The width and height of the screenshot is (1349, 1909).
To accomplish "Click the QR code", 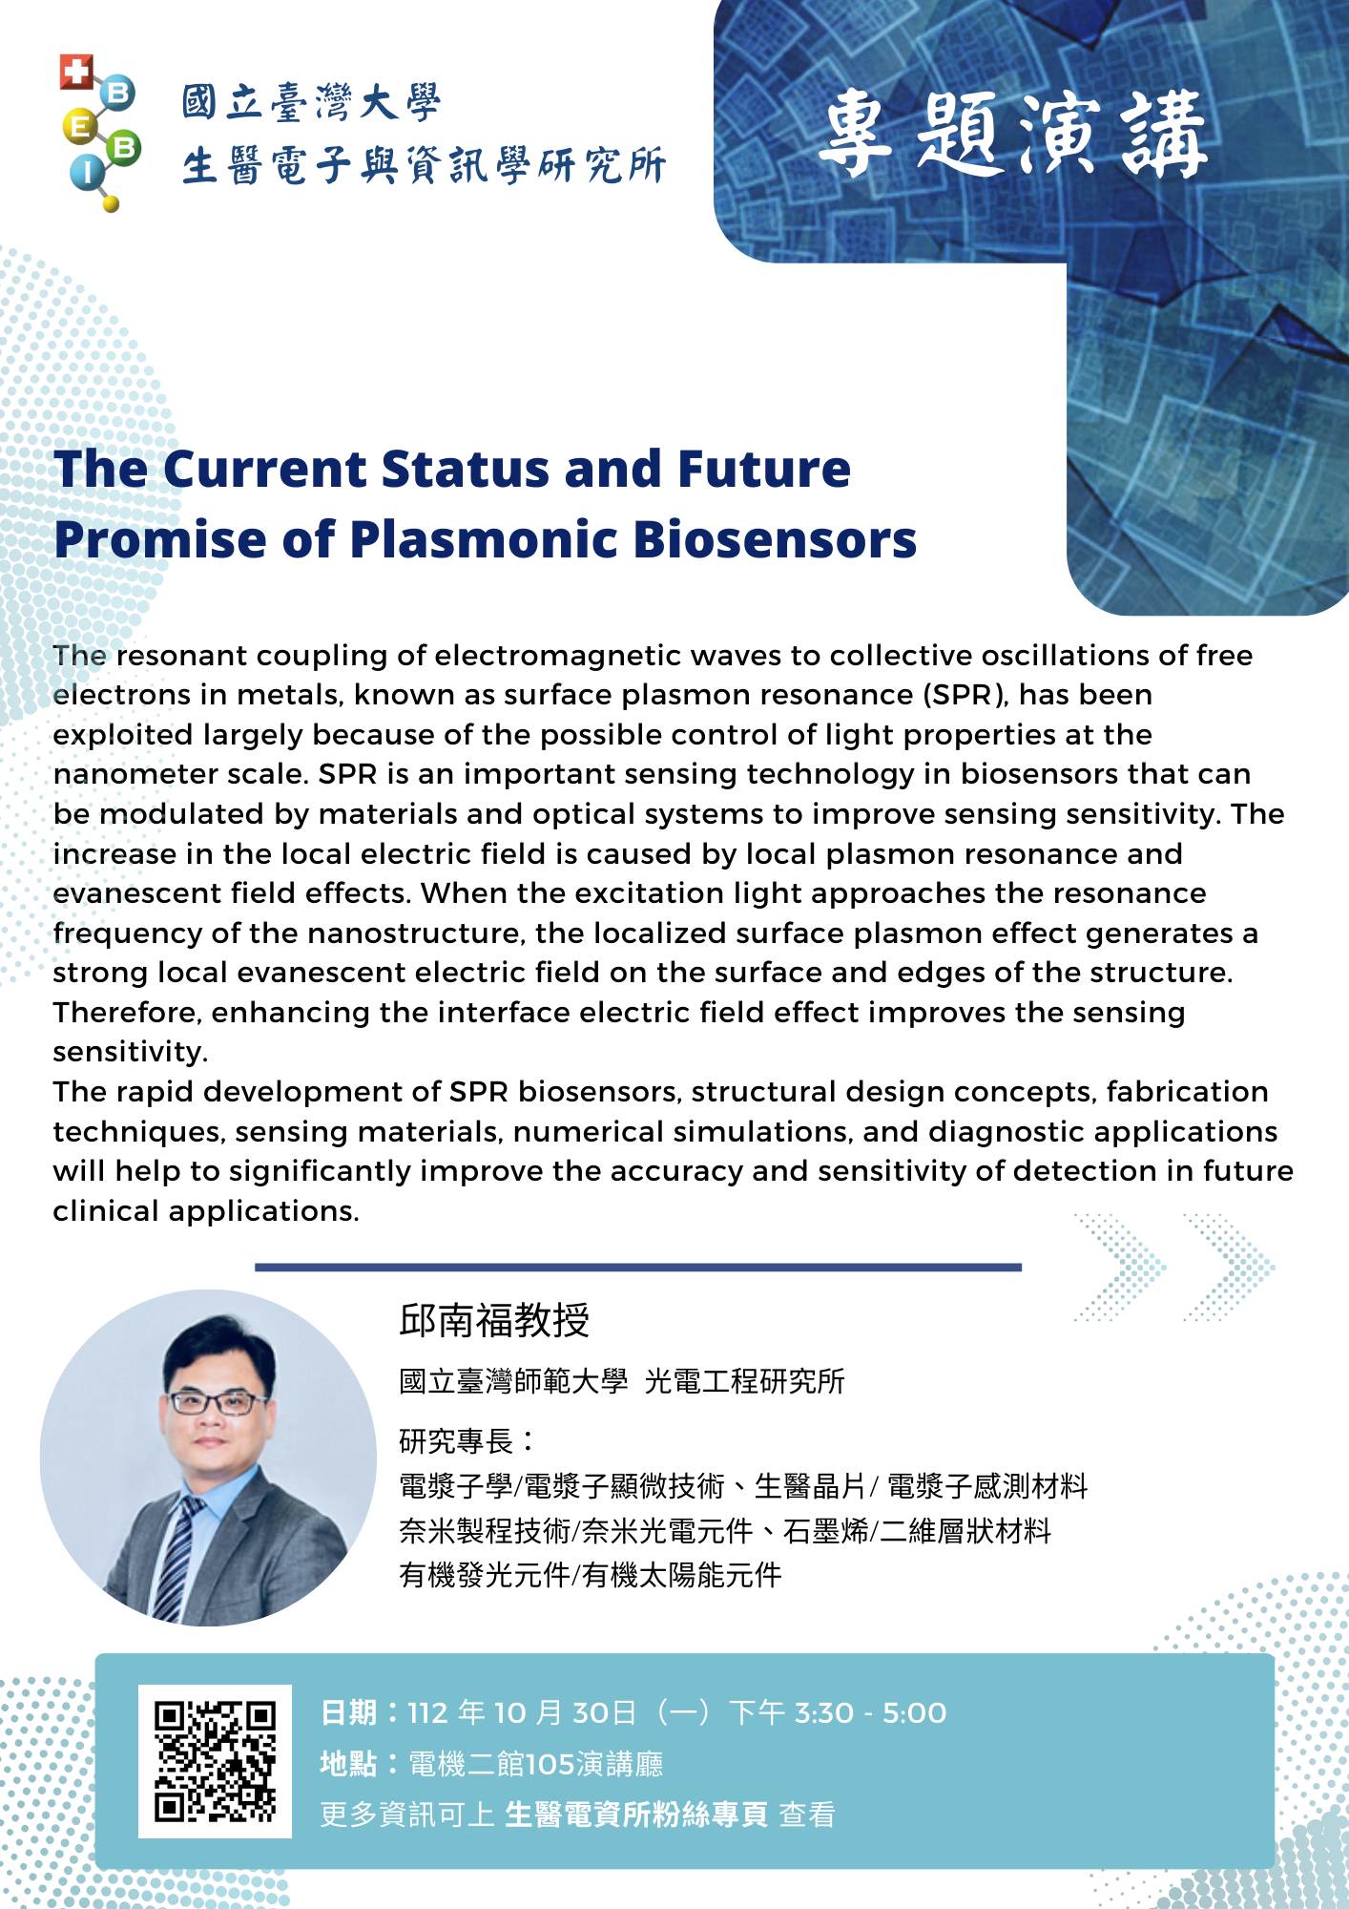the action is (x=215, y=1760).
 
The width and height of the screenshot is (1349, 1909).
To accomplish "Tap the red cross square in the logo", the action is (x=75, y=72).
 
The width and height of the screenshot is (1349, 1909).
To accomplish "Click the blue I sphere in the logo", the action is (x=88, y=171).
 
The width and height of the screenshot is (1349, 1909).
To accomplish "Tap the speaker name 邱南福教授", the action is (x=494, y=1320).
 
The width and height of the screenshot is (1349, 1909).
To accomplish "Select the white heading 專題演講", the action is (x=1013, y=135).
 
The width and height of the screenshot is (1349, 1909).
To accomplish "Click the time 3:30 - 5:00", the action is (x=870, y=1713).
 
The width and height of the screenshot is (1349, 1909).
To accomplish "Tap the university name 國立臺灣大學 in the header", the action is (x=311, y=102).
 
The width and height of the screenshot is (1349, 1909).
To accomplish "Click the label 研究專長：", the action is (x=467, y=1440).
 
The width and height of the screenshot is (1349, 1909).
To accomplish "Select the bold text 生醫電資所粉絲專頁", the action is (x=636, y=1814).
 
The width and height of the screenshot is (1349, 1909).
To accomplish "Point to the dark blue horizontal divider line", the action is (x=638, y=1268).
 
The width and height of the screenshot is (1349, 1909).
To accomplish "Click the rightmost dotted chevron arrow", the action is (x=1230, y=1268).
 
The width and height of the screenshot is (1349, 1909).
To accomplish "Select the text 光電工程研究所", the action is (x=745, y=1381).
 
